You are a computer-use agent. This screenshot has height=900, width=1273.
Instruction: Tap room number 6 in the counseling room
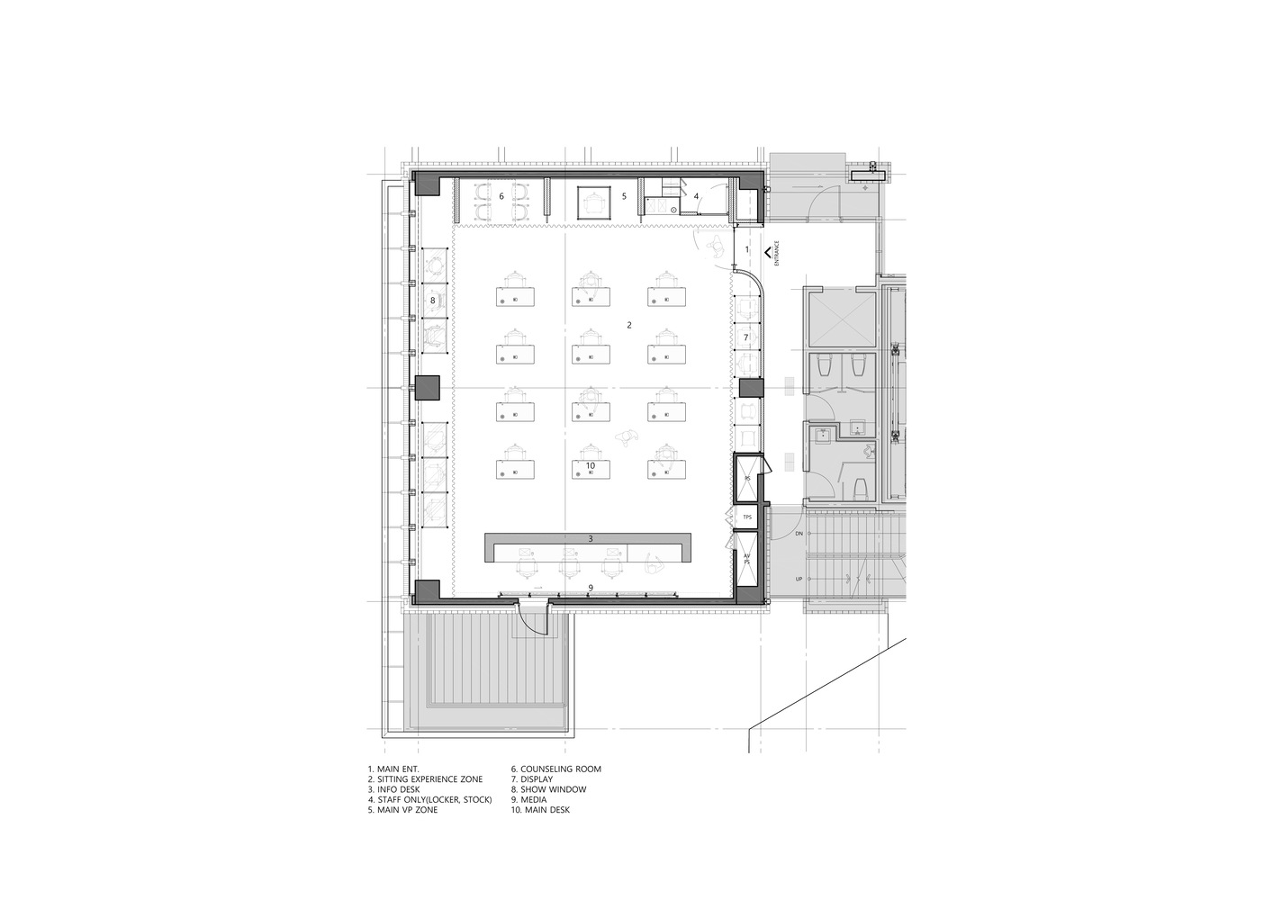501,195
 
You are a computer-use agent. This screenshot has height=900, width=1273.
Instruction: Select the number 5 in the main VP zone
623,195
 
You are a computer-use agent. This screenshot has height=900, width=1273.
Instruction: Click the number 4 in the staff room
696,195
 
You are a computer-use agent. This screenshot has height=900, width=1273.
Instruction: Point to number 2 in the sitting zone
629,325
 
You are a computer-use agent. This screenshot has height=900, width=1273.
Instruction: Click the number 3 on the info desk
591,539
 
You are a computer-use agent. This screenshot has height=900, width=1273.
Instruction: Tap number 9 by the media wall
591,588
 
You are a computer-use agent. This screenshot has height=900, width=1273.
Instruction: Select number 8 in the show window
432,301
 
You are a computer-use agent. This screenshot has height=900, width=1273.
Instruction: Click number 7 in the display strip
745,337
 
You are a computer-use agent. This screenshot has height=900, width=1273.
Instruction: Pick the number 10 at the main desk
591,465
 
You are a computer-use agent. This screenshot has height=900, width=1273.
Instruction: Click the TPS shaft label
746,517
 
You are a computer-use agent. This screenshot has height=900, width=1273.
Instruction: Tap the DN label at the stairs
799,535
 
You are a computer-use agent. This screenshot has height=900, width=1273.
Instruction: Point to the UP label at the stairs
799,579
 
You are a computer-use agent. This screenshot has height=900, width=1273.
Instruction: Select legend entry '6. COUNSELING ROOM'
555,769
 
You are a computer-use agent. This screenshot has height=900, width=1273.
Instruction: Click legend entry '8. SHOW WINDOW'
548,789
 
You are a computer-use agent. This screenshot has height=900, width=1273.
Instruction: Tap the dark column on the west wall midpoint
425,388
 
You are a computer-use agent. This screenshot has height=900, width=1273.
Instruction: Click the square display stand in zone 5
591,202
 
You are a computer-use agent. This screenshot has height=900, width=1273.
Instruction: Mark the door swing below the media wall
534,621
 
